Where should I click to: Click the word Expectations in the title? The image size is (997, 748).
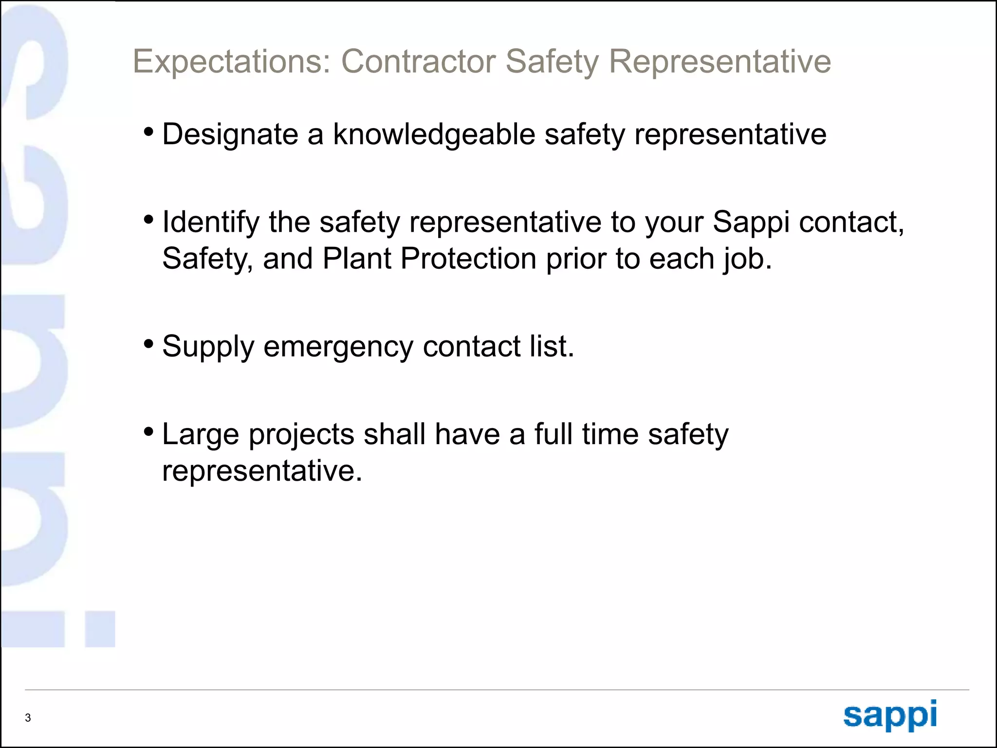coord(232,62)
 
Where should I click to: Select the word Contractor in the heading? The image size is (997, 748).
coord(418,62)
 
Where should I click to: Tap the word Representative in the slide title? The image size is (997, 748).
coord(720,62)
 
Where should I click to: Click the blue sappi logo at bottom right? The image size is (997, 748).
coord(890,715)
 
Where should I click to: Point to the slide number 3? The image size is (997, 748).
coord(28,717)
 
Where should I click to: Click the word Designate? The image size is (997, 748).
coord(230,134)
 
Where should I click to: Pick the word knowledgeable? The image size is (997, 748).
coord(434,134)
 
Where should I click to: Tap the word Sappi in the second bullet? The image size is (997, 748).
coord(751,222)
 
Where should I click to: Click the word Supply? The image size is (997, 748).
coord(208,347)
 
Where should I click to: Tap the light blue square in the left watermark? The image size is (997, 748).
coord(100,629)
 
